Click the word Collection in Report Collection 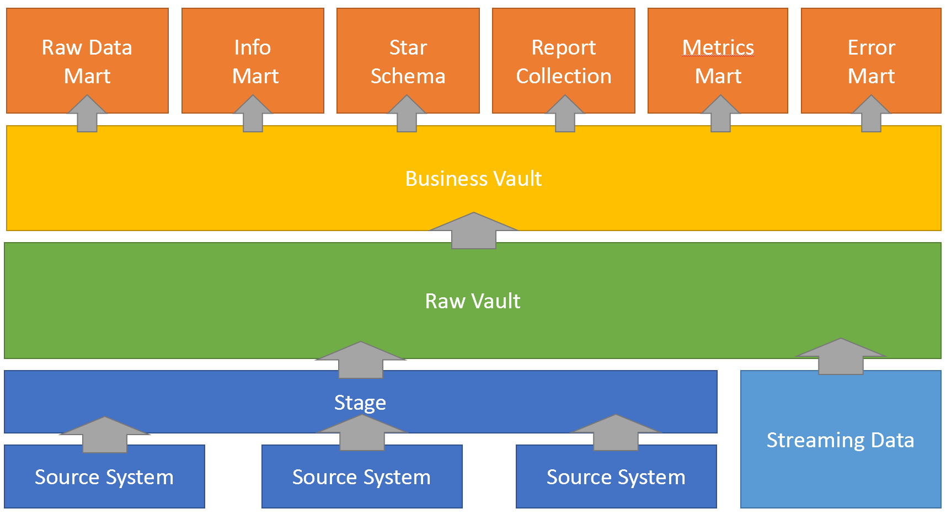point(564,76)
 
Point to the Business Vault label point(473,179)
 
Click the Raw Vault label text point(473,301)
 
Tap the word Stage point(360,403)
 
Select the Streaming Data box point(841,439)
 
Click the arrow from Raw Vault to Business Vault point(473,231)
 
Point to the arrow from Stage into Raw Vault point(361,360)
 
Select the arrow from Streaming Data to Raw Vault point(841,356)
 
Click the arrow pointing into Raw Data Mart point(87,114)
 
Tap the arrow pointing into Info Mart point(253,114)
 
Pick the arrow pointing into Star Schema point(407,114)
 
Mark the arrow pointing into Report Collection point(565,114)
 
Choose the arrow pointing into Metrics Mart point(720,114)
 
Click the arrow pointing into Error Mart point(871,114)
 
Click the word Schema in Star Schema point(408,76)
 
